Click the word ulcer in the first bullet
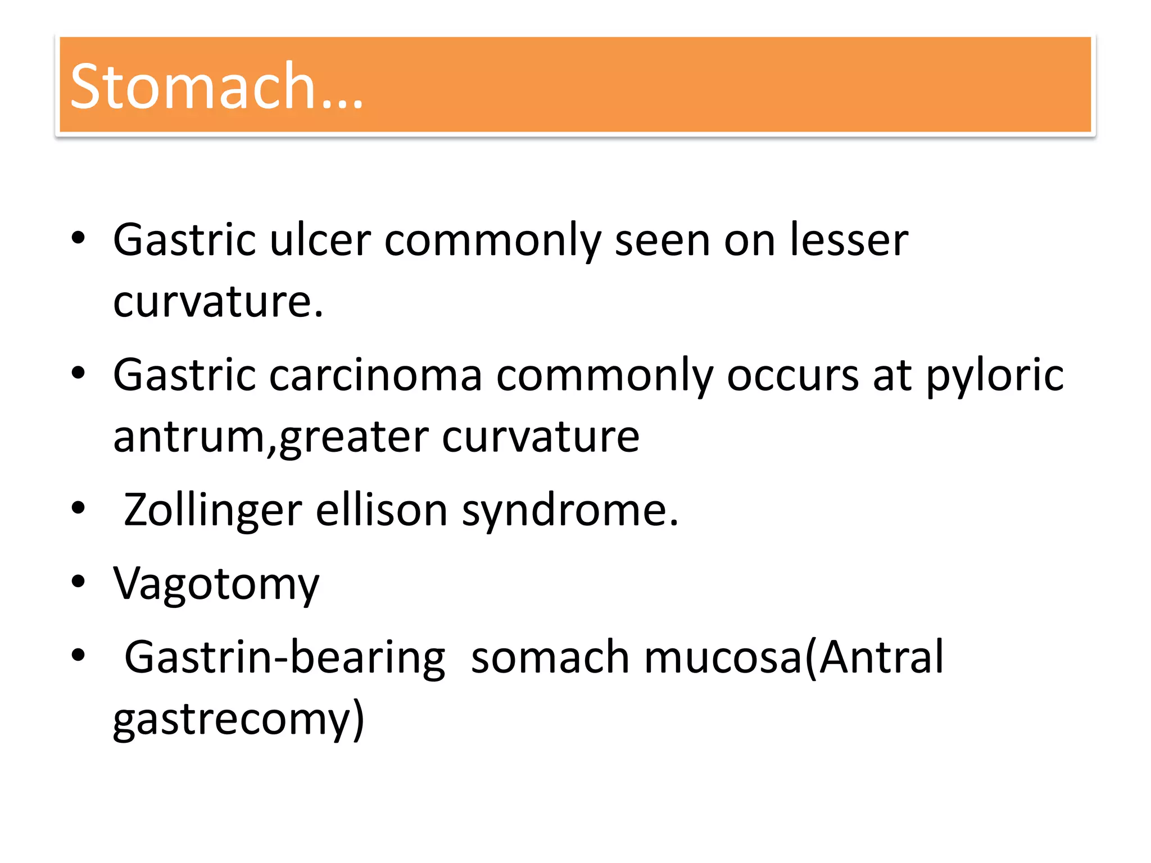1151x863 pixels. [x=320, y=240]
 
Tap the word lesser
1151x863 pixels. [x=849, y=240]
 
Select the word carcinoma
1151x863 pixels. [x=375, y=375]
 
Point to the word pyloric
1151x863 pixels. [x=995, y=375]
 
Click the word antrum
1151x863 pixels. [x=189, y=437]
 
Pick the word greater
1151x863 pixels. [x=354, y=437]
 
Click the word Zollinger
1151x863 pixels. [x=213, y=510]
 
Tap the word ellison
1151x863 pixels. [x=382, y=510]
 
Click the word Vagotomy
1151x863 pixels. [x=216, y=584]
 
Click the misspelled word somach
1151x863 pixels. [x=550, y=657]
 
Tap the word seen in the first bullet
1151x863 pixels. [x=663, y=240]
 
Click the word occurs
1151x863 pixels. [x=792, y=375]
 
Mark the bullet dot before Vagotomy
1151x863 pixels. [x=78, y=582]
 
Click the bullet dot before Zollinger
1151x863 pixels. [x=78, y=508]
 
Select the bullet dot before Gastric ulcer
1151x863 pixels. [x=78, y=238]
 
